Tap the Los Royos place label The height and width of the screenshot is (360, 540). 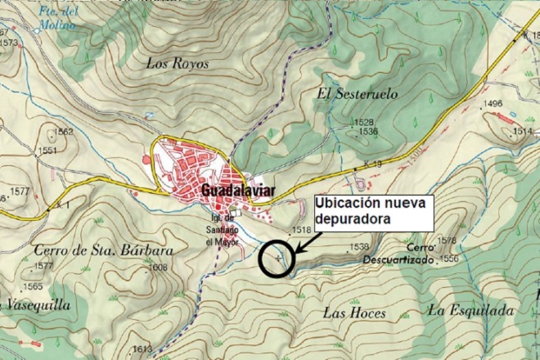click(x=178, y=63)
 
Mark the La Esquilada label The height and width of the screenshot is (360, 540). click(x=470, y=310)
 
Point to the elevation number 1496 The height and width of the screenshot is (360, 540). click(x=493, y=104)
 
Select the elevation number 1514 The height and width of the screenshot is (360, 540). click(x=522, y=131)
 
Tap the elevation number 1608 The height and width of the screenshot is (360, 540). click(x=157, y=268)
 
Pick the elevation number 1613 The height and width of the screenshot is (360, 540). click(x=142, y=349)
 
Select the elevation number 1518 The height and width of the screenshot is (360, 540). click(x=302, y=232)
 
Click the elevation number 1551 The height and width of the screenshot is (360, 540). click(x=48, y=151)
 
